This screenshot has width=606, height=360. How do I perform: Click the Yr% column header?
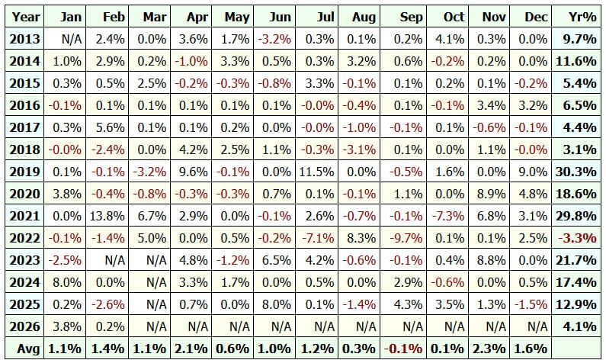582,17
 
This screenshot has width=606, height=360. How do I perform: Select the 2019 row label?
24,172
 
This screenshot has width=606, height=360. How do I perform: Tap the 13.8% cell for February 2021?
107,216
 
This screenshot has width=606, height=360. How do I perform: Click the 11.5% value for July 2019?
317,172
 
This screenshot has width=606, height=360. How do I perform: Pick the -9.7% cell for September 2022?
406,238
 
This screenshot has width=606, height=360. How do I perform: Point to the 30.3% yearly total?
576,172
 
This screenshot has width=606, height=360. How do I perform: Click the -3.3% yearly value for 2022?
577,238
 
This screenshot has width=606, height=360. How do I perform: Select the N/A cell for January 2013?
72,39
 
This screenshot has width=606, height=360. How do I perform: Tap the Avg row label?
28,349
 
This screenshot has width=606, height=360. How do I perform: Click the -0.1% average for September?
403,349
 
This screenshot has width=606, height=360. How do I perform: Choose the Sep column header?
411,17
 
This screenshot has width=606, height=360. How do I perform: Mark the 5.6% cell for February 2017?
110,127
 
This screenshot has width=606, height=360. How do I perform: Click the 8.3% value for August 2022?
361,238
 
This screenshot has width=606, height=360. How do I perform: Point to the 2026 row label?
24,326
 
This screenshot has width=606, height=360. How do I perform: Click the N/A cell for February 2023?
115,260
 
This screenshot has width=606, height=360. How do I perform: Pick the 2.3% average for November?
489,349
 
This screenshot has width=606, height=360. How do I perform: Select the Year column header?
25,17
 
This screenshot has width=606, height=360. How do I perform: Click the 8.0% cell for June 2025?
277,304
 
